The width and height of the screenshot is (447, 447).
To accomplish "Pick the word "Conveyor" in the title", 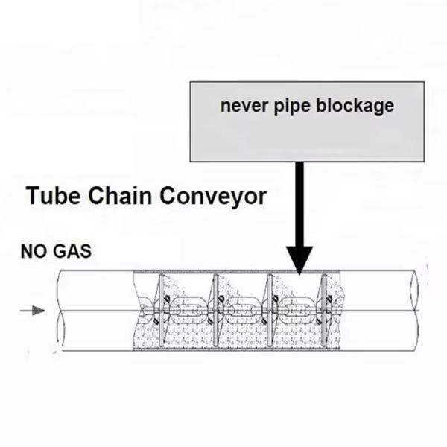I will [219, 196].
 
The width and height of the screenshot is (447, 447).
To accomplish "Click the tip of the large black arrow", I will [299, 273].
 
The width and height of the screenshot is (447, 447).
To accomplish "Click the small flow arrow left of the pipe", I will [34, 310].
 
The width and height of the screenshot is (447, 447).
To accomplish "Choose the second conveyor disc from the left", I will [214, 310].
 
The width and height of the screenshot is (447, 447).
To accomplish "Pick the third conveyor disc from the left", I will [269, 310].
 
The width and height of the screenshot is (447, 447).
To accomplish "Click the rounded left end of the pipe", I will [59, 310].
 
